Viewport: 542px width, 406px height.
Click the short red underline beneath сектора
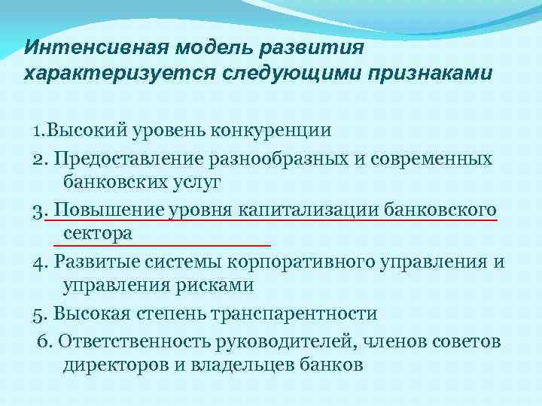[x=157, y=245]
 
